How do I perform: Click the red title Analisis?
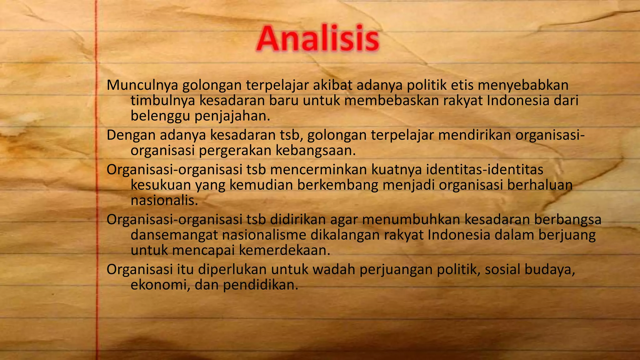pos(317,39)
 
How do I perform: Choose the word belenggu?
pos(160,116)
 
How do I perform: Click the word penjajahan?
pos(232,116)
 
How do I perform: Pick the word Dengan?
pos(131,135)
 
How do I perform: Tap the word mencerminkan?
pos(318,170)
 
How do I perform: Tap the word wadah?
pos(333,270)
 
